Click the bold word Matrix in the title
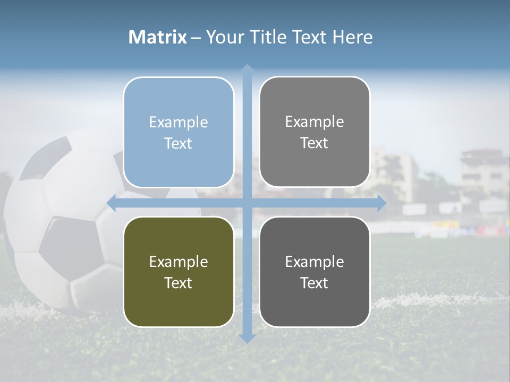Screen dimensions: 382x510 pos(157,37)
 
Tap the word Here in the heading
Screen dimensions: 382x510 pos(352,37)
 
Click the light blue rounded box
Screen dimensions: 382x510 pos(178,132)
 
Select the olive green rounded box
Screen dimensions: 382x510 pos(178,272)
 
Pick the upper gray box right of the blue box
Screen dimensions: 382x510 pos(314,132)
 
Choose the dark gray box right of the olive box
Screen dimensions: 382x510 pos(314,272)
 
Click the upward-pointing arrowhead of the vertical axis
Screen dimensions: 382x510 pos(246,69)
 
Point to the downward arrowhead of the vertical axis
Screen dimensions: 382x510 pos(246,338)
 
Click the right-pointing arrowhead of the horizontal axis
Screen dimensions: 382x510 pos(381,203)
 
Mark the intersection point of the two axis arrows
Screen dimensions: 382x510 pos(246,203)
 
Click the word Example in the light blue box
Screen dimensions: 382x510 pos(178,122)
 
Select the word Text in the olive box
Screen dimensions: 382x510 pos(178,283)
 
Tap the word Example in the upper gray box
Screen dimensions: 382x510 pos(314,121)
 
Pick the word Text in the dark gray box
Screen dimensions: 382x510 pos(314,283)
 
